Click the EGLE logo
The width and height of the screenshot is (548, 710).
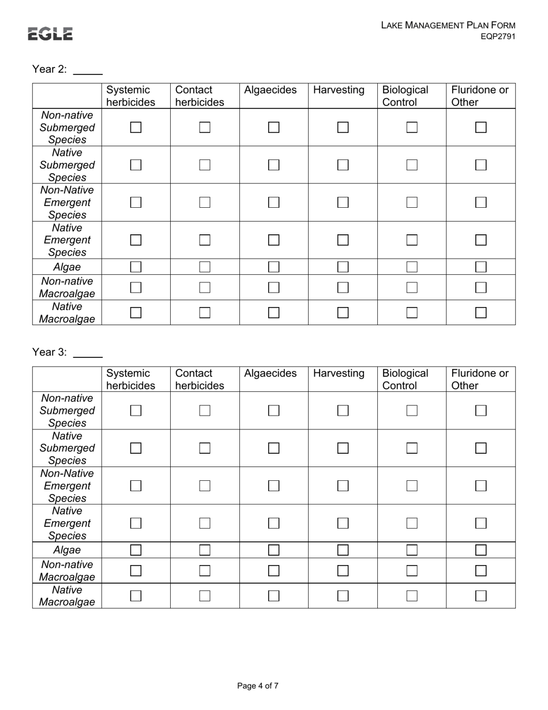click(50, 34)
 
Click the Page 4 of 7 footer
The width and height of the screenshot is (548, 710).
click(258, 686)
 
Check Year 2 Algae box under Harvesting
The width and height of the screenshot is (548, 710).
click(343, 267)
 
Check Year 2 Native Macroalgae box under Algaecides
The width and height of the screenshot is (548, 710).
click(274, 312)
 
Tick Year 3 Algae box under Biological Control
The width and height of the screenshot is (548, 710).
click(412, 550)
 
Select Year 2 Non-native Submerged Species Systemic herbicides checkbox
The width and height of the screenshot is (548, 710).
click(136, 127)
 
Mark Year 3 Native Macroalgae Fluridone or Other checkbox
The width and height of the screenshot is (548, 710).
click(481, 596)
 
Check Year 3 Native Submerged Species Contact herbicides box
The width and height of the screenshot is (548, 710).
click(205, 448)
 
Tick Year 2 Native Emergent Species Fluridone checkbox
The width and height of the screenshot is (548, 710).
click(481, 240)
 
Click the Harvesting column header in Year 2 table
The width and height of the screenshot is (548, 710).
click(339, 90)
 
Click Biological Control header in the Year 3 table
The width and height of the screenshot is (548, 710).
click(405, 379)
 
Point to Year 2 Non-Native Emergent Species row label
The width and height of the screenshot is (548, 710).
click(67, 203)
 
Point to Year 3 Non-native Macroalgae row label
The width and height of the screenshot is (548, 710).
click(67, 570)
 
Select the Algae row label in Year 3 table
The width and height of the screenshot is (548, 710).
click(67, 550)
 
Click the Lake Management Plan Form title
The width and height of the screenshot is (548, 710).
click(448, 25)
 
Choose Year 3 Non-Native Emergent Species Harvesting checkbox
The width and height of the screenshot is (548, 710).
click(343, 485)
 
